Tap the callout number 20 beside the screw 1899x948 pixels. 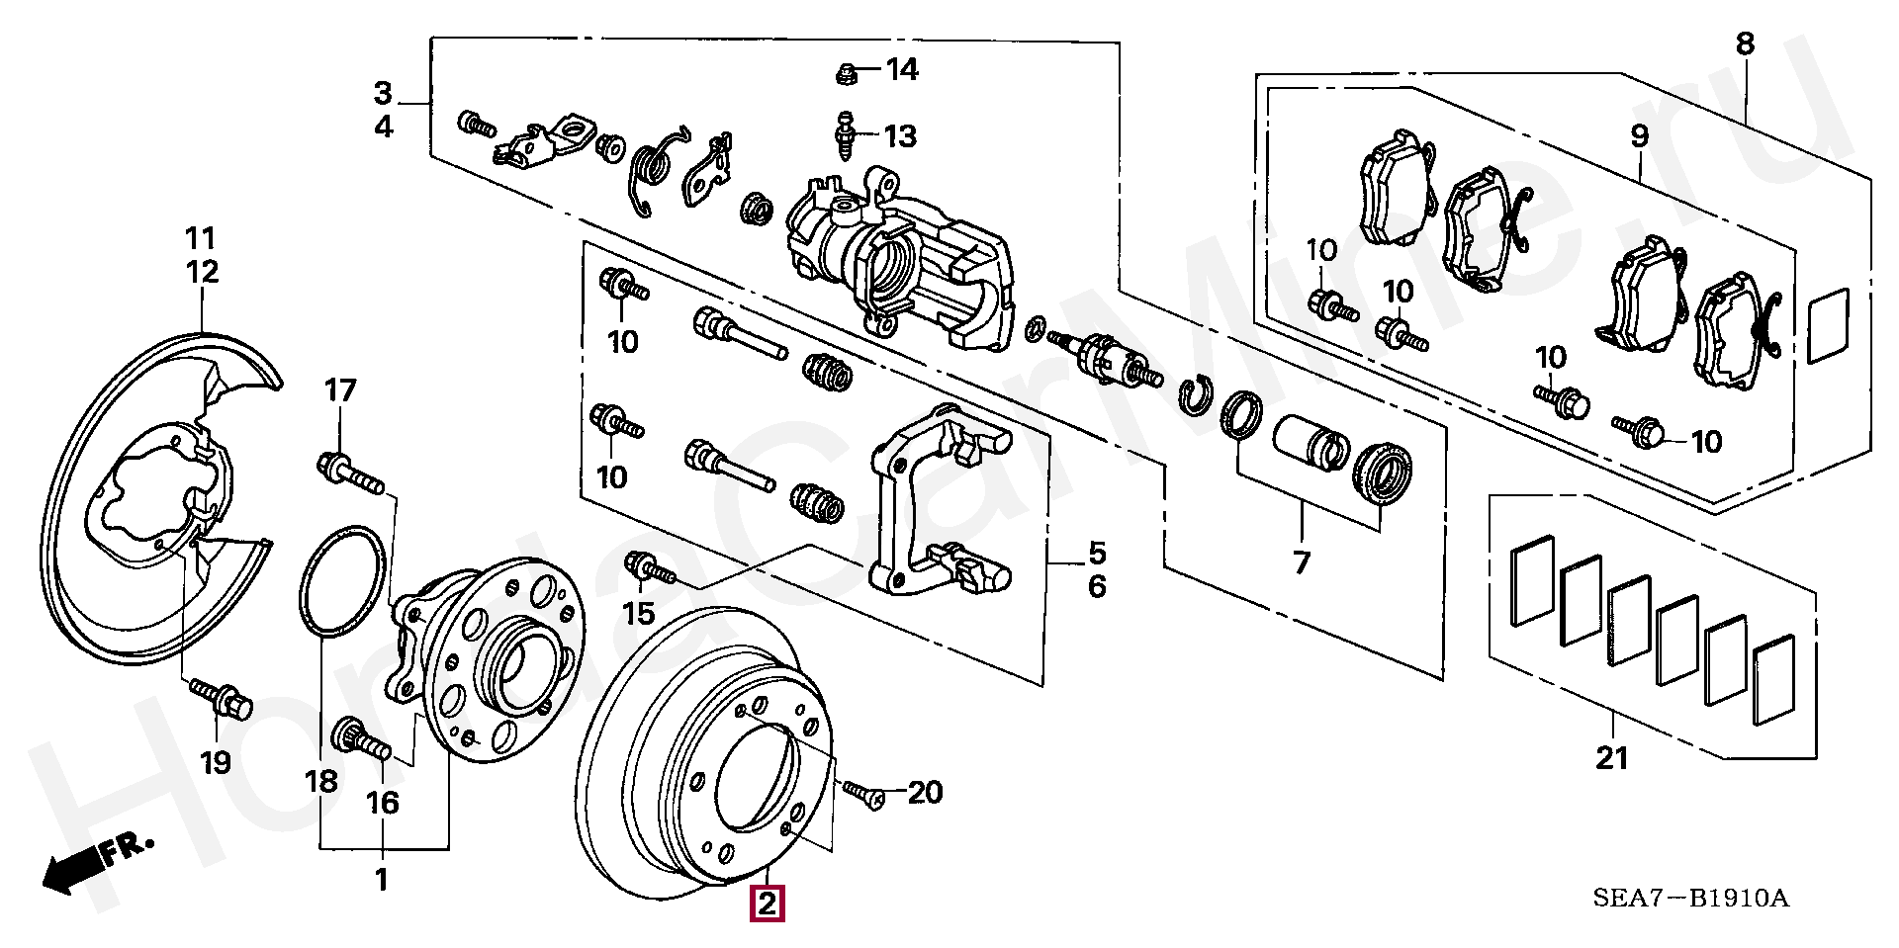pyautogui.click(x=925, y=792)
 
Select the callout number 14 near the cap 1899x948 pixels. pyautogui.click(x=901, y=70)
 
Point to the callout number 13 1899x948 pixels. pyautogui.click(x=900, y=135)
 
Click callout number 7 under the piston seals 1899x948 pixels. pyautogui.click(x=1301, y=562)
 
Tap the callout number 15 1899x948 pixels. pyautogui.click(x=639, y=613)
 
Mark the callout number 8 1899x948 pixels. pyautogui.click(x=1744, y=43)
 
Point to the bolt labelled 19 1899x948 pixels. pyautogui.click(x=222, y=697)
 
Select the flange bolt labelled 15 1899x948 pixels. pyautogui.click(x=648, y=568)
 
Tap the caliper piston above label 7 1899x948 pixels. pyautogui.click(x=1308, y=442)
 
